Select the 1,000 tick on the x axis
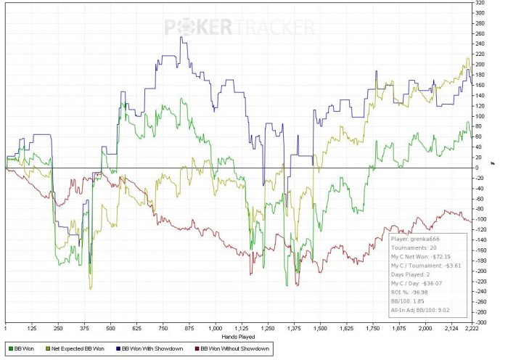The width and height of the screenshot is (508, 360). tap(215, 328)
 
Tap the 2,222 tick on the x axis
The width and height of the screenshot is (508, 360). tap(470, 328)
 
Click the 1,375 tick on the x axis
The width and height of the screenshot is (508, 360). tap(293, 328)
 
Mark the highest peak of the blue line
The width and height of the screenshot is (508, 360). tap(181, 38)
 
